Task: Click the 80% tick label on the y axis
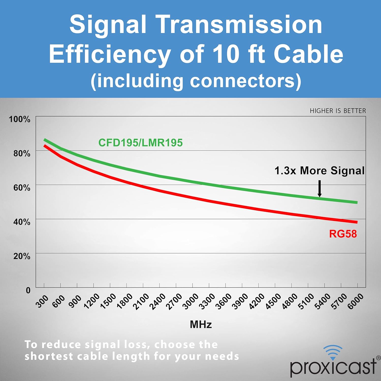[22, 153]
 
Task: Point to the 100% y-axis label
[20, 119]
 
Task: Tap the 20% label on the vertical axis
[22, 256]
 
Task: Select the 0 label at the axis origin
[28, 290]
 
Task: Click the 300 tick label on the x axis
[42, 301]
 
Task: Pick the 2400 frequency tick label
[157, 302]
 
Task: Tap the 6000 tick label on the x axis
[355, 302]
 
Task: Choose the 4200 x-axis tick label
[257, 302]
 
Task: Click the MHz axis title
[201, 325]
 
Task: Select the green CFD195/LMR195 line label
[140, 143]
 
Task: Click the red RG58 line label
[343, 234]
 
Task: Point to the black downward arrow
[320, 189]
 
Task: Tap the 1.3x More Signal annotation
[320, 171]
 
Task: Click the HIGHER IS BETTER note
[338, 111]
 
